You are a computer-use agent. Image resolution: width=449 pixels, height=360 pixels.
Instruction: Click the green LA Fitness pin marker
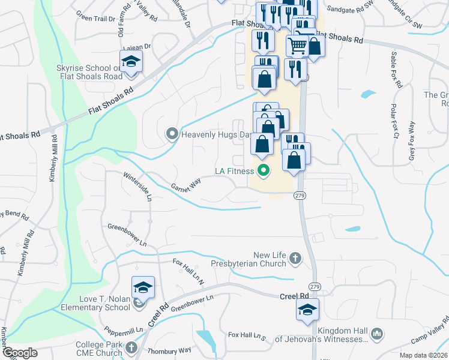coord(262,171)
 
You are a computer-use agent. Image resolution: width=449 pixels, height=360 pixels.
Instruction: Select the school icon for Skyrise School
coord(130,61)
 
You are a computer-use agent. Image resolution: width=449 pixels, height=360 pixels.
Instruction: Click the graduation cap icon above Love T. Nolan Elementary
coord(142,288)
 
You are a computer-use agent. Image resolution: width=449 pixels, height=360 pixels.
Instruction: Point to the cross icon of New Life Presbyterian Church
coord(294,258)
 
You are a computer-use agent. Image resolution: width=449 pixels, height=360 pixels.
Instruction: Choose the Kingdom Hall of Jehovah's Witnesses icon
coord(377,333)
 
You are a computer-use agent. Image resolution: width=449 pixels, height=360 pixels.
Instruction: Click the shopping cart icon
coord(297,45)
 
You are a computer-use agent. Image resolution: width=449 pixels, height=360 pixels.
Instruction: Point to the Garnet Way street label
coord(185,188)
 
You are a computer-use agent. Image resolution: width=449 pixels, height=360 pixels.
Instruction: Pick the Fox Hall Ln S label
coord(247,335)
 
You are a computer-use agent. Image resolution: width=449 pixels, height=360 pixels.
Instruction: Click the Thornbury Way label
coord(171,350)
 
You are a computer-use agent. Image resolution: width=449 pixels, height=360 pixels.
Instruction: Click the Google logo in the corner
coord(20,352)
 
